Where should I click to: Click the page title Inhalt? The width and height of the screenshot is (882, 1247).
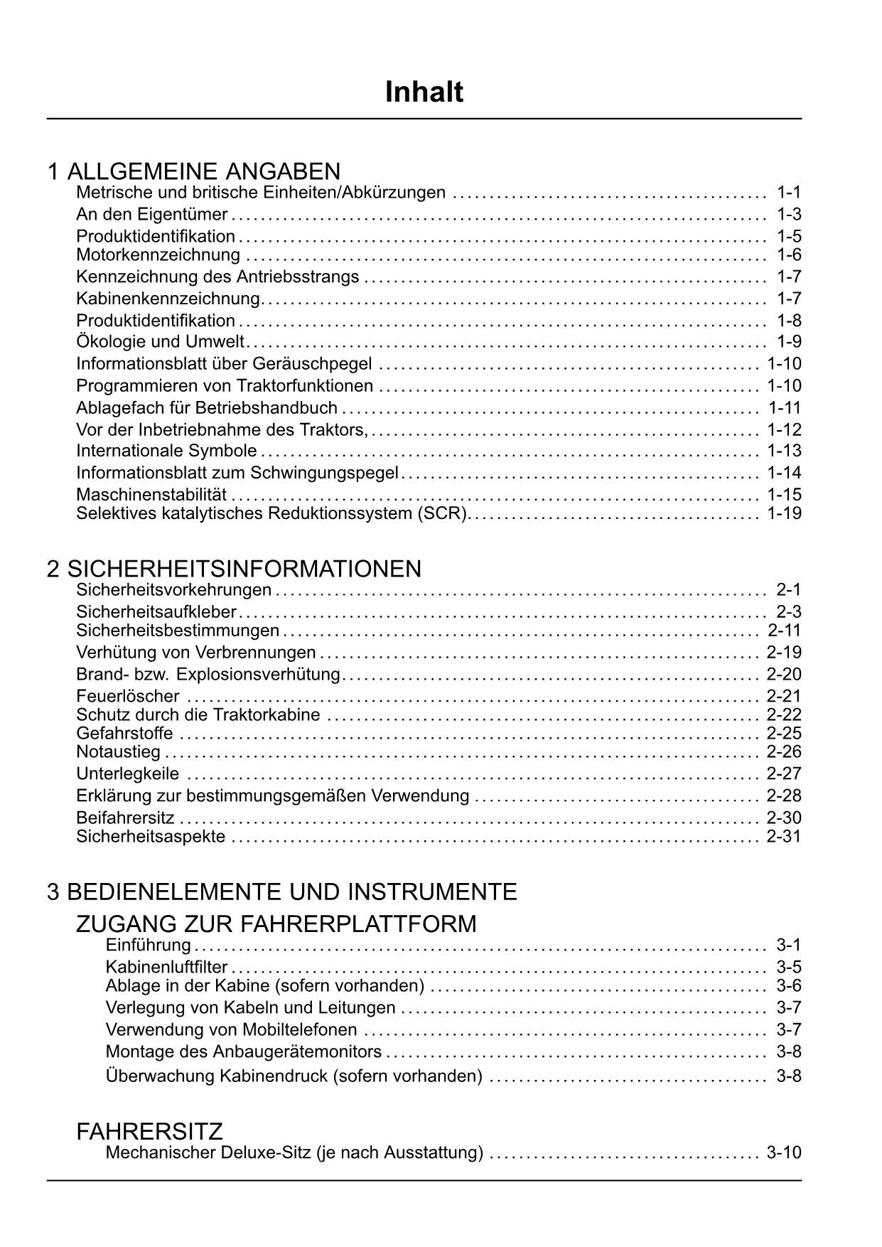(x=424, y=92)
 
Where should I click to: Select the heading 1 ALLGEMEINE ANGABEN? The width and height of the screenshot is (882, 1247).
(x=194, y=171)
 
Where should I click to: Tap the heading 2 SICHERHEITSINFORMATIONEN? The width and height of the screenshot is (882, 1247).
(x=234, y=569)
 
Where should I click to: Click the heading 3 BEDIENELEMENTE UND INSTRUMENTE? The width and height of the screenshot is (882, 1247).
(x=282, y=892)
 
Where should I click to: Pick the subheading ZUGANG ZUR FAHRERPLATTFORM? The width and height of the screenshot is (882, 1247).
(x=276, y=924)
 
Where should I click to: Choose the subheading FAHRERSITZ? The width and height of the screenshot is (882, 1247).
(x=149, y=1131)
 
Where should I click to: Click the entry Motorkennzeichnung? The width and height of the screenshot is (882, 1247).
(x=158, y=255)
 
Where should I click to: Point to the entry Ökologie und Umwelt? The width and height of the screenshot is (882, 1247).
(x=160, y=342)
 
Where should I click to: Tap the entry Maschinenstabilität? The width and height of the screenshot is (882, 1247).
(x=151, y=495)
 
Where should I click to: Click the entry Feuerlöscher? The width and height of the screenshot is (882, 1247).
(x=128, y=696)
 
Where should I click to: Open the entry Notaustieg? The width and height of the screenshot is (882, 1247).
(x=118, y=752)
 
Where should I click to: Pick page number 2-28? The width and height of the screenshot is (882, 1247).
(x=783, y=796)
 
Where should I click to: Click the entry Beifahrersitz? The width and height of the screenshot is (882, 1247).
(x=125, y=818)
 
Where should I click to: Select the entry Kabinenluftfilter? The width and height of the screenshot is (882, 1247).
(x=166, y=967)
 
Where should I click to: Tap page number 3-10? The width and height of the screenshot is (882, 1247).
(x=783, y=1152)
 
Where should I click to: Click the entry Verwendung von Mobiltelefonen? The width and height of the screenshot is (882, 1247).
(x=231, y=1029)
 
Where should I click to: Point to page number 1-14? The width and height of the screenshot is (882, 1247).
(x=784, y=473)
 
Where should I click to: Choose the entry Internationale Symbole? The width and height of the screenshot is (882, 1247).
(x=166, y=451)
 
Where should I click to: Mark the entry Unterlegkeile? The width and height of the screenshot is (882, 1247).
(x=128, y=774)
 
